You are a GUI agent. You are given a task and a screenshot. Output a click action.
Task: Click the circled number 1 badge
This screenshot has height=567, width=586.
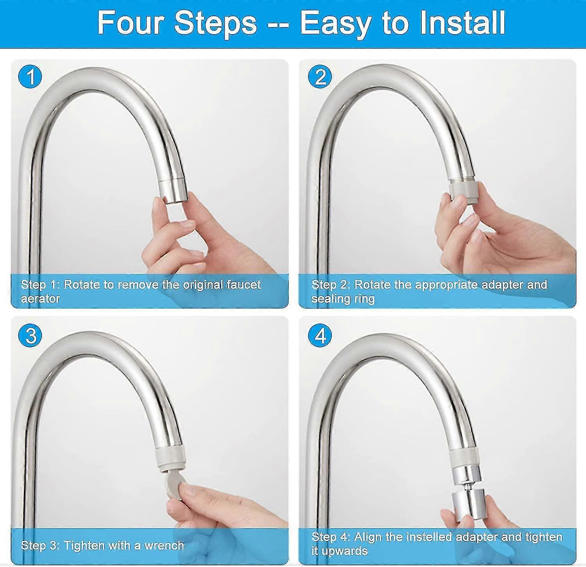[x=30, y=77]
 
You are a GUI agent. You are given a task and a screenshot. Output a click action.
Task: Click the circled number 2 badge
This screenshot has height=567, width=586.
[x=320, y=77]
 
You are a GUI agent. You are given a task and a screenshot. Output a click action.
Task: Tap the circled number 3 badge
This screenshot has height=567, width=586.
[x=30, y=335]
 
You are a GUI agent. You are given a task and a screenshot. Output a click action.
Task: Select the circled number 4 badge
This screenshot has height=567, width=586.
[x=320, y=335]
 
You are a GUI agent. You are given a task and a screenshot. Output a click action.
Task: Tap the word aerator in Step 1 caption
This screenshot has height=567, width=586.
[x=41, y=299]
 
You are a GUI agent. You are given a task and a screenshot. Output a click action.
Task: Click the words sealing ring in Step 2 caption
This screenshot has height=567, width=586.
[x=343, y=299]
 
